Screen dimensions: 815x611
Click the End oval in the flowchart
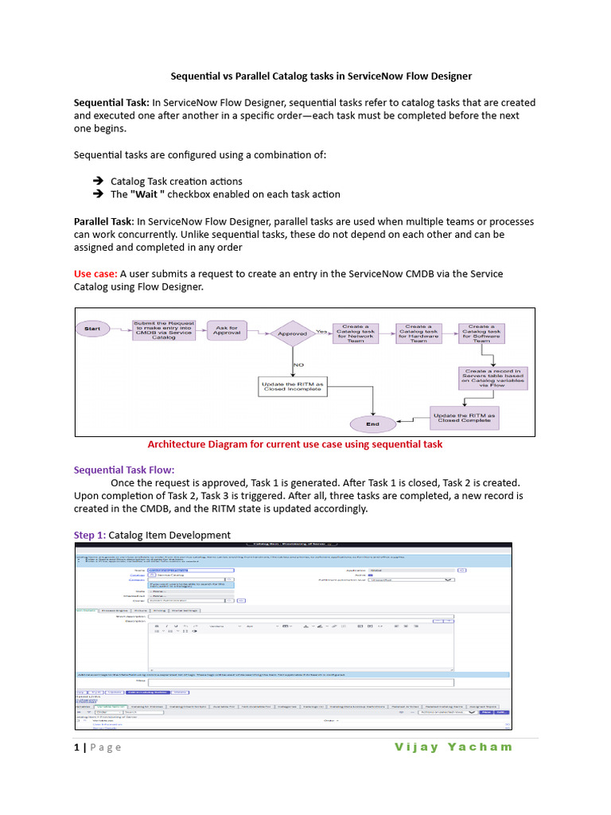[x=372, y=423]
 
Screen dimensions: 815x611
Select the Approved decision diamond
[x=293, y=333]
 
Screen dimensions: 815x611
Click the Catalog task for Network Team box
[x=355, y=333]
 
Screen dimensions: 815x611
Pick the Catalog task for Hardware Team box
[x=418, y=333]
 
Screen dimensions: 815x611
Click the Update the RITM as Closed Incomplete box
[x=293, y=387]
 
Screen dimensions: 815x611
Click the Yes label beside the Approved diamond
[x=321, y=330]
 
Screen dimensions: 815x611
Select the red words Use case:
[x=95, y=274]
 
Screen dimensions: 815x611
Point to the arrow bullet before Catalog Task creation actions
[x=98, y=181]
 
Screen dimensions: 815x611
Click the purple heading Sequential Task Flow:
[x=123, y=470]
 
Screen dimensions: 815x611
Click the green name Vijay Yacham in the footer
[x=453, y=747]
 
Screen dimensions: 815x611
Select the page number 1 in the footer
[x=77, y=747]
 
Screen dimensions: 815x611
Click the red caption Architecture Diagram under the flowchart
[x=295, y=444]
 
